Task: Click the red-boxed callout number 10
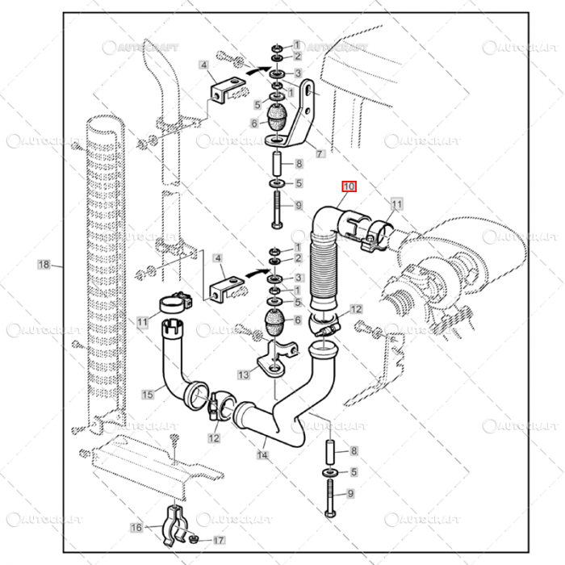tap(348, 186)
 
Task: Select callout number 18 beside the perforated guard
tap(44, 264)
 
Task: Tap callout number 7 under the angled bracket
tap(320, 153)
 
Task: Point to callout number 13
tap(244, 375)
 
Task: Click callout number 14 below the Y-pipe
tap(262, 455)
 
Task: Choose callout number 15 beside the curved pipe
tap(148, 394)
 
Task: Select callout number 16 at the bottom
tap(136, 527)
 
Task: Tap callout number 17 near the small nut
tap(219, 540)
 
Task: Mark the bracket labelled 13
tap(274, 359)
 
